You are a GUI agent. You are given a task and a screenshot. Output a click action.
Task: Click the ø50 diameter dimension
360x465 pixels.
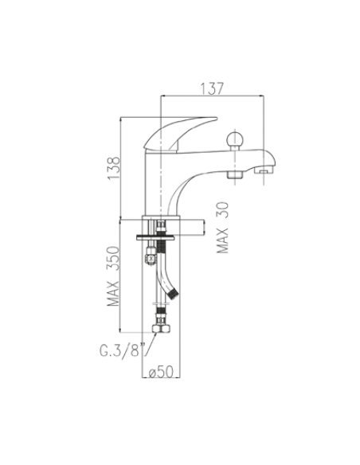pos(162,373)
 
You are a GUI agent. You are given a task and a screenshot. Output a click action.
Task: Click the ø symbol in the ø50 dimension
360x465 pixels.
pos(152,373)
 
